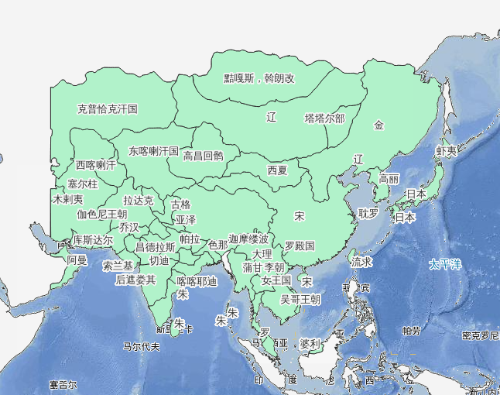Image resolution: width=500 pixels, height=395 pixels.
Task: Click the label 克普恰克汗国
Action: pos(107,109)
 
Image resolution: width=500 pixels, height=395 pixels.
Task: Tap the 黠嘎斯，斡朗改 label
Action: pos(259,78)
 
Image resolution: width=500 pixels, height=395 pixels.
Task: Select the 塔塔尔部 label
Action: pos(324,118)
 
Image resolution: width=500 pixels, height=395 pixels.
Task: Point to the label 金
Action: pos(378,125)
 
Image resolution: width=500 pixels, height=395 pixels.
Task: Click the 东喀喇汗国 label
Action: pos(154,150)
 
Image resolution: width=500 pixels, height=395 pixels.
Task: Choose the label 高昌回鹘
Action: pos(203,156)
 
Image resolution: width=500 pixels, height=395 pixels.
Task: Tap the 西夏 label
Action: pos(277,170)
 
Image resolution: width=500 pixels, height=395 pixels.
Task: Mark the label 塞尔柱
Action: pos(83,184)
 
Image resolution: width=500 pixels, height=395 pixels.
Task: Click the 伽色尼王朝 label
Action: pos(101,214)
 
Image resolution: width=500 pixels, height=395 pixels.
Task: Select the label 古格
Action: pos(180,205)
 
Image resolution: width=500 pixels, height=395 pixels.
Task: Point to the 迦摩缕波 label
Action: pos(248,239)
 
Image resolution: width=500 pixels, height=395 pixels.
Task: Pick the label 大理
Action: pos(262,253)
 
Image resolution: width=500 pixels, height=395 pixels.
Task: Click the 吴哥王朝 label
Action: pos(300,299)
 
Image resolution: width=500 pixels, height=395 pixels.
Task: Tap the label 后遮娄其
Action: pos(135,280)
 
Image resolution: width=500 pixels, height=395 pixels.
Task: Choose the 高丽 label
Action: pos(389,179)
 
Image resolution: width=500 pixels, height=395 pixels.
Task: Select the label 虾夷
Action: pos(447,150)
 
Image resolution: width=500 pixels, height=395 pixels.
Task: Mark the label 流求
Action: pos(361,262)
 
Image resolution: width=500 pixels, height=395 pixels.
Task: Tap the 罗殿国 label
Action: pos(300,246)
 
